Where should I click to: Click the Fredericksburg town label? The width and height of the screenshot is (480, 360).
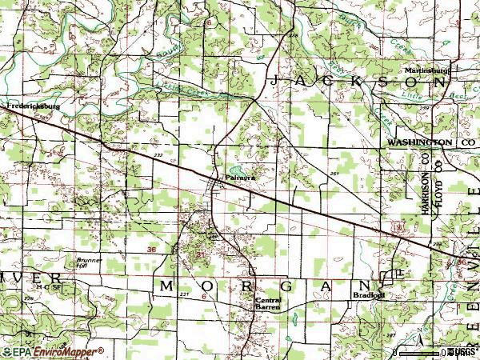pos(33,106)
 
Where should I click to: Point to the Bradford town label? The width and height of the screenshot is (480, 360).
pos(369,294)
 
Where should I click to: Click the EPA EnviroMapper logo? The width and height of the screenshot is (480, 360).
pos(52,351)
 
